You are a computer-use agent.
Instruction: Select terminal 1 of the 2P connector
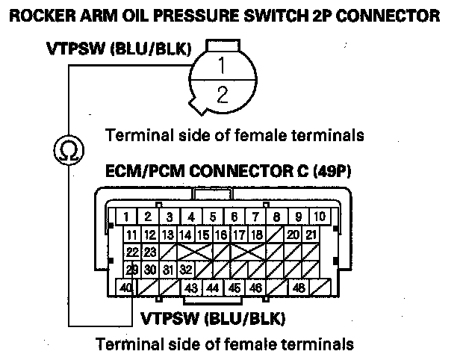pyautogui.click(x=221, y=66)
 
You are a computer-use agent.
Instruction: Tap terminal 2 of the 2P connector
pyautogui.click(x=221, y=94)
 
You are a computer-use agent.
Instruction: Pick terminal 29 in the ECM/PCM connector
pyautogui.click(x=132, y=270)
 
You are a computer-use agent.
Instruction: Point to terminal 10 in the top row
pyautogui.click(x=319, y=217)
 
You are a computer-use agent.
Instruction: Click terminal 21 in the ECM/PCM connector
pyautogui.click(x=312, y=235)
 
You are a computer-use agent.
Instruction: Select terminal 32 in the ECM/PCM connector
pyautogui.click(x=187, y=270)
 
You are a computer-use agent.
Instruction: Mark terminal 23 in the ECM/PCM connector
pyautogui.click(x=150, y=252)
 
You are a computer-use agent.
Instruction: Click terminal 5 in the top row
pyautogui.click(x=213, y=217)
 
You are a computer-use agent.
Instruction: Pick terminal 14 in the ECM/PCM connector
pyautogui.click(x=186, y=235)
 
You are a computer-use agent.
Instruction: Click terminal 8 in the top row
pyautogui.click(x=276, y=217)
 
